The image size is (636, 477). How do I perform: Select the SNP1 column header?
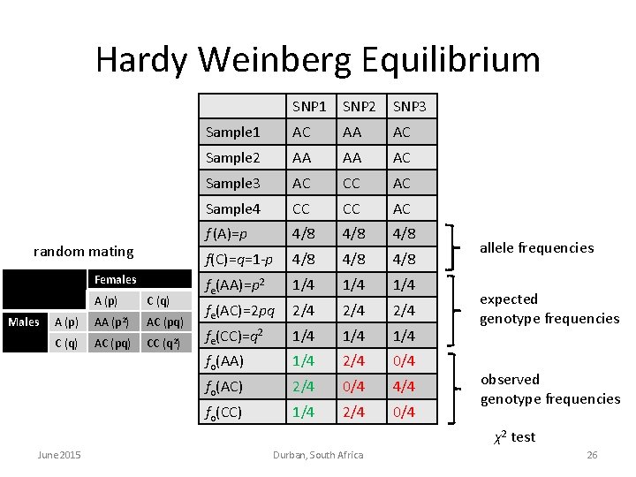tap(309, 107)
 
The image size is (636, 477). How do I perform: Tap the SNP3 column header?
tap(409, 107)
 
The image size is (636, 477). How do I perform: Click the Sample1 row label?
tap(232, 132)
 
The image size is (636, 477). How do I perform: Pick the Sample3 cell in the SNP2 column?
tap(359, 183)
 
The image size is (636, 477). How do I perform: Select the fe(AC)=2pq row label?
tap(240, 310)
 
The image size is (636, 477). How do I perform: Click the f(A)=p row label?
tap(226, 234)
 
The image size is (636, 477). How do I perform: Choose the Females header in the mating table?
tap(116, 280)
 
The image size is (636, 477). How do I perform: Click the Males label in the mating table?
tap(24, 322)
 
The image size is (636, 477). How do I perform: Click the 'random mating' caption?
tap(83, 252)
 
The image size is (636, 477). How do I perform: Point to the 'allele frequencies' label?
tap(536, 247)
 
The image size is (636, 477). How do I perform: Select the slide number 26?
tap(592, 454)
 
